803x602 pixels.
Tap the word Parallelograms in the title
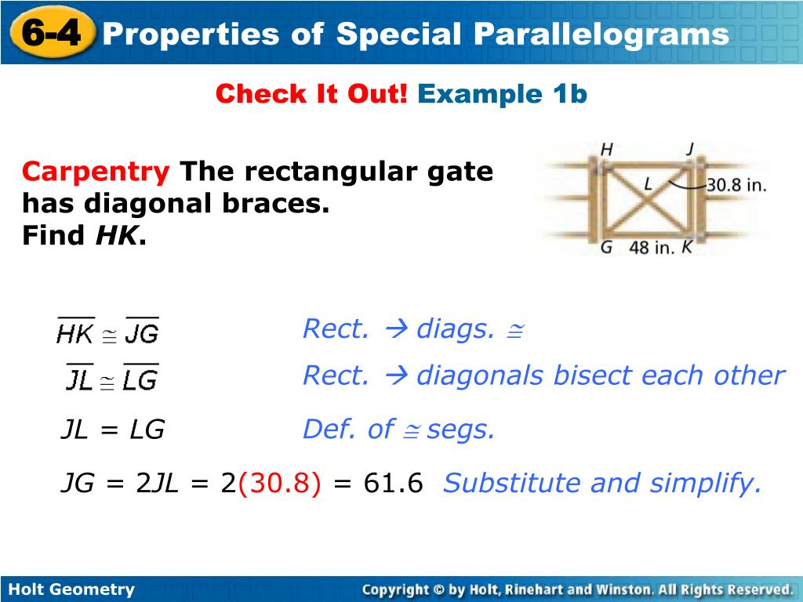601,34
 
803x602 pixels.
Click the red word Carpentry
96,172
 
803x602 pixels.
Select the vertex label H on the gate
606,150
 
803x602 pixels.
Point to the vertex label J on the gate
690,148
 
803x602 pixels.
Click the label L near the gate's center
649,183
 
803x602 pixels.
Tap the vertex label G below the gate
606,247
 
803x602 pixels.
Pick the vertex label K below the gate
687,247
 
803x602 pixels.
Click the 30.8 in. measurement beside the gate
736,185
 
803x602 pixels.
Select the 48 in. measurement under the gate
652,248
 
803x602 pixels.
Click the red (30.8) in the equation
280,483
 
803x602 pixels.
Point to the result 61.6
394,483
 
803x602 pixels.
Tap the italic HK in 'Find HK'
116,235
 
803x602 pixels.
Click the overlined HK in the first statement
75,332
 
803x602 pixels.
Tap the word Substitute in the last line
511,483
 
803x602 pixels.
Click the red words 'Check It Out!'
311,94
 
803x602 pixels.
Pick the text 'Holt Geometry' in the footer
71,589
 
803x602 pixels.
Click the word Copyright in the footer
395,589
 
